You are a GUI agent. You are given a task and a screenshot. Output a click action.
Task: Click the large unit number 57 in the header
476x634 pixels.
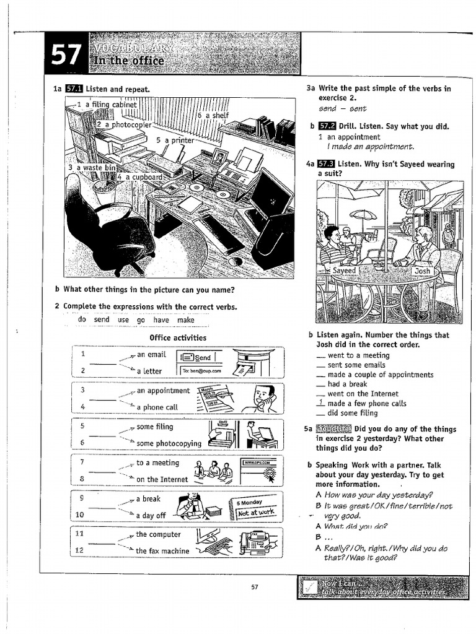coord(66,56)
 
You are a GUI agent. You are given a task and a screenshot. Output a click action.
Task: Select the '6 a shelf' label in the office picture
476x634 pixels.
coord(213,115)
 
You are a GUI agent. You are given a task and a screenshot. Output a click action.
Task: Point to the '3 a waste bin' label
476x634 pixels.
coord(92,167)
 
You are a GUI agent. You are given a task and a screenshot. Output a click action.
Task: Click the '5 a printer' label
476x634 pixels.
coord(175,140)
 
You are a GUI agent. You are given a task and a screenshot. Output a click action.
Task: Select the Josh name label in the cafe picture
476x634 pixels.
coord(422,271)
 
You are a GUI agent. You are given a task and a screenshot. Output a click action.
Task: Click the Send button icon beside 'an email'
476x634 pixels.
coord(196,357)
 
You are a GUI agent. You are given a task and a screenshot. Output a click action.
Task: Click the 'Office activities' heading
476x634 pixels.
coord(178,337)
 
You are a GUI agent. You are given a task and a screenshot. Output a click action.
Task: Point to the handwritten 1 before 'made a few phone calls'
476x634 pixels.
coord(320,403)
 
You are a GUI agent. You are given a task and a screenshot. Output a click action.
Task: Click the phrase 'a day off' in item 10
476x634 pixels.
coord(151,515)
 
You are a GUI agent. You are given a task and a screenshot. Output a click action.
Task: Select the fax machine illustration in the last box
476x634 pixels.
coord(255,542)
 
